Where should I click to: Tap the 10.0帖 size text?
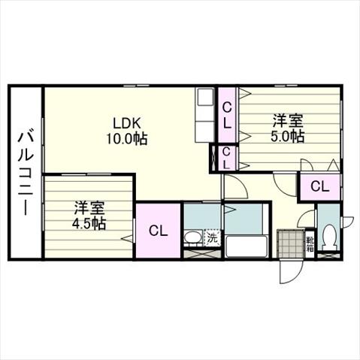tap(127, 138)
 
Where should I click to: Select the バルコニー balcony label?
tap(26, 174)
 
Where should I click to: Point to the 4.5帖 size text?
tap(89, 224)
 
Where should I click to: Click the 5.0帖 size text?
tap(288, 137)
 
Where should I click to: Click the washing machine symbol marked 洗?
tap(213, 237)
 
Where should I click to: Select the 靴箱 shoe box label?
tap(310, 244)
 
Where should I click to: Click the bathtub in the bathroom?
tap(247, 247)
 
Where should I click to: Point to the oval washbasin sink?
tap(192, 237)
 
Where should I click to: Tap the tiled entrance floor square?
tap(291, 244)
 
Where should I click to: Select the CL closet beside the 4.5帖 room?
tap(159, 231)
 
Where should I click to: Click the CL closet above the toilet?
tap(319, 186)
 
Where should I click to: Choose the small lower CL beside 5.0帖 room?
tap(226, 159)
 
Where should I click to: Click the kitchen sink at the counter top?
tap(205, 97)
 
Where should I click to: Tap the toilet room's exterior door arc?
tap(347, 222)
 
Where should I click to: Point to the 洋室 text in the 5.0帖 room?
tap(288, 121)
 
